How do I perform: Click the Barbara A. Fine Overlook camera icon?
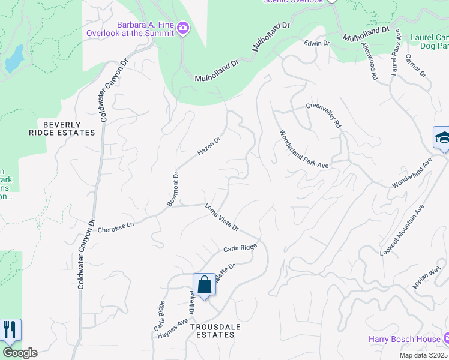click(184, 28)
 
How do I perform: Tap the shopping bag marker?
click(204, 284)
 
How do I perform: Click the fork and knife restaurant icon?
click(9, 329)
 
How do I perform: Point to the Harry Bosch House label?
click(405, 340)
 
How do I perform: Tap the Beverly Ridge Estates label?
click(61, 128)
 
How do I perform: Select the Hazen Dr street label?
click(209, 147)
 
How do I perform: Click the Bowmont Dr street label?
click(173, 190)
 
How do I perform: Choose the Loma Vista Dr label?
click(222, 218)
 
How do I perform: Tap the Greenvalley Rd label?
click(324, 115)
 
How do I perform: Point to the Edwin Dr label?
click(317, 44)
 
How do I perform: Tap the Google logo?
click(20, 353)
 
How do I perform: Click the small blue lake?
click(13, 58)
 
